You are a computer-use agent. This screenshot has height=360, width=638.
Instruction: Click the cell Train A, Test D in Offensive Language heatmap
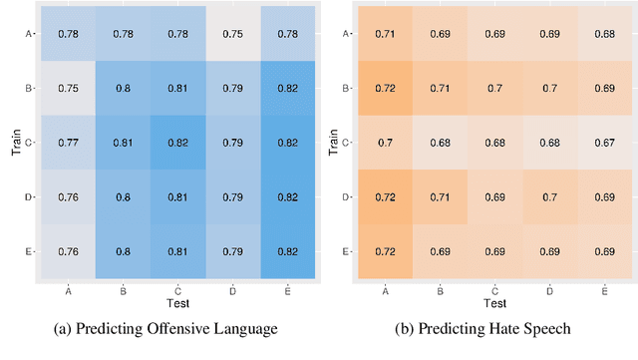(231, 33)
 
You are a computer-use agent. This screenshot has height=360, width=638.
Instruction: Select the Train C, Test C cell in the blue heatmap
(176, 143)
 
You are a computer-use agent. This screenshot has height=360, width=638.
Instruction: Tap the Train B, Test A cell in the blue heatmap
(68, 88)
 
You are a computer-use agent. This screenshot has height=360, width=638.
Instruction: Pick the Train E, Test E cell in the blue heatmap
(286, 250)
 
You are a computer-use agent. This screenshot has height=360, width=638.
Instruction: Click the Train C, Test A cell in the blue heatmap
(68, 143)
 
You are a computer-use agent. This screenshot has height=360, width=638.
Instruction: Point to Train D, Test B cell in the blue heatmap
(123, 196)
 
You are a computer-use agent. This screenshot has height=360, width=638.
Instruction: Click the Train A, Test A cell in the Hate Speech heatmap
(387, 33)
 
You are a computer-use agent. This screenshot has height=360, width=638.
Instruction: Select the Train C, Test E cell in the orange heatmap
(604, 143)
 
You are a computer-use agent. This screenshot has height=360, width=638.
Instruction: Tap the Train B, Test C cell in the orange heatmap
(495, 88)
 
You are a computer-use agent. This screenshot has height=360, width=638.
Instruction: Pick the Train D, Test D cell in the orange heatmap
(550, 196)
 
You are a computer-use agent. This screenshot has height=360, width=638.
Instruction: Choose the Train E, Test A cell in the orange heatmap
(387, 250)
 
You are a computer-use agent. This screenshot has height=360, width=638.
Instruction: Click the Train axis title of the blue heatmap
(10, 142)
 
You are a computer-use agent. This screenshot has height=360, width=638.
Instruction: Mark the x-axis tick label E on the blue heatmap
(286, 291)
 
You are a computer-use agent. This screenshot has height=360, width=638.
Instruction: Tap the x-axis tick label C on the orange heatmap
(495, 291)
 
